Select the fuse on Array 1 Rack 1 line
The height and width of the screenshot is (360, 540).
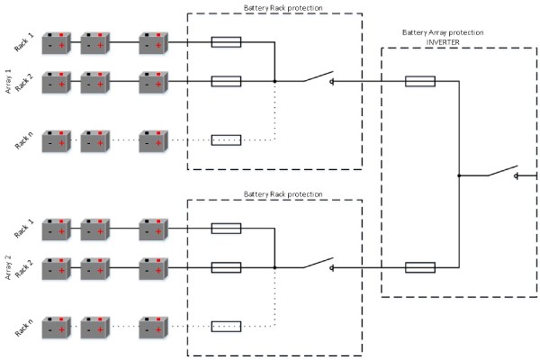tap(226, 41)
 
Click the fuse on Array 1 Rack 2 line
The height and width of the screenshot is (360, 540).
tap(226, 81)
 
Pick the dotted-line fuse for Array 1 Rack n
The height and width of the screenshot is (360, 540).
tap(226, 139)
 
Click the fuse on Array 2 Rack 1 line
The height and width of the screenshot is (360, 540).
tap(226, 228)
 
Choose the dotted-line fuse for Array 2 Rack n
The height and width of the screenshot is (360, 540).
tap(226, 325)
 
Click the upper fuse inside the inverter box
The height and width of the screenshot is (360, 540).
tap(421, 82)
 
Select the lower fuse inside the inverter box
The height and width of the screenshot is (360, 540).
tap(421, 266)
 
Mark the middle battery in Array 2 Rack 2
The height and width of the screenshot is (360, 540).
tap(96, 267)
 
